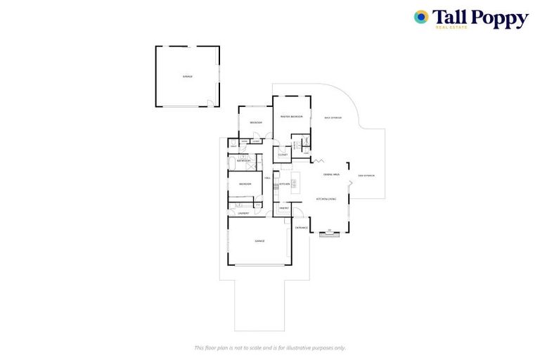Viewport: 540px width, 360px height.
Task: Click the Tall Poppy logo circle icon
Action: (421, 18)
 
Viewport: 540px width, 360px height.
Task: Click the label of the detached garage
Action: (187, 76)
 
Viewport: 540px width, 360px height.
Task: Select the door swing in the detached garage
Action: (210, 104)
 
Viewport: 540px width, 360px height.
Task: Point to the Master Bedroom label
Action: (291, 117)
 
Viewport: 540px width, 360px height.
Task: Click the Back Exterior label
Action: (333, 117)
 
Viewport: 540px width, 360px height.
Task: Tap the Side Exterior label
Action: (366, 175)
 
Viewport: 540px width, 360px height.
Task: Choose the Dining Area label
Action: (331, 174)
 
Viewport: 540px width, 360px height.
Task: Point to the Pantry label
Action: (284, 208)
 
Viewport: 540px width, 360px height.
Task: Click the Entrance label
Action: (302, 228)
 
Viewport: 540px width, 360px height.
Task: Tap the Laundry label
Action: (243, 213)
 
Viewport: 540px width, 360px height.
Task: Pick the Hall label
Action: (267, 178)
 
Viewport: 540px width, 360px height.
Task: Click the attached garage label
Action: (259, 241)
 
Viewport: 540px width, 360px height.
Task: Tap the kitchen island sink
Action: (293, 184)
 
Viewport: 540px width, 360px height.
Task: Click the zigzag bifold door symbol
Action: (318, 161)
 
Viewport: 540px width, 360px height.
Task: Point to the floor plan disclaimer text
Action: (269, 347)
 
